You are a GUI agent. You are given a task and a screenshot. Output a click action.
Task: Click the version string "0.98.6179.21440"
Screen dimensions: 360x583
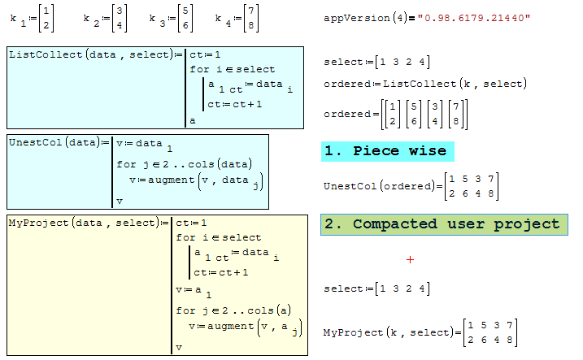[x=475, y=17]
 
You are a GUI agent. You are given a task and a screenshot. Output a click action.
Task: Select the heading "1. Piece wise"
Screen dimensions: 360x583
[x=387, y=151]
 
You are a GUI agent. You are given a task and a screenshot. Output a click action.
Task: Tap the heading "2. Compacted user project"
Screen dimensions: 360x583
[x=442, y=224]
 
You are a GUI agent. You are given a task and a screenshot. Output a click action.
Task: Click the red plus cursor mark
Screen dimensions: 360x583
[x=411, y=259]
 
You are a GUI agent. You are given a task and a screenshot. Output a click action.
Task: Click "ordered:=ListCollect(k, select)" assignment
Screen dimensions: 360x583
[x=424, y=84]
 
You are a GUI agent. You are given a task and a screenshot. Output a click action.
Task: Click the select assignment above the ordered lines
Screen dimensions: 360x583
[x=376, y=63]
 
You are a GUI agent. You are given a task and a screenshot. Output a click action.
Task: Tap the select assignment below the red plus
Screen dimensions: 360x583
[x=376, y=288]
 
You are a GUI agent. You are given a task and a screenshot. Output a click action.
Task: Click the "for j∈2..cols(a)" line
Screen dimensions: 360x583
[x=235, y=310]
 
